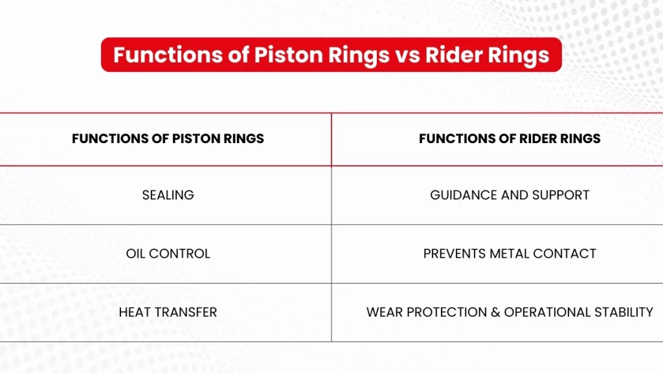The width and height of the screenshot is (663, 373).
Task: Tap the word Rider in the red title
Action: tap(454, 55)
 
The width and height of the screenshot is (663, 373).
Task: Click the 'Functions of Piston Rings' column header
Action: tap(168, 139)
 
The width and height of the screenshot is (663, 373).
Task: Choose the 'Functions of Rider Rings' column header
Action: tap(510, 139)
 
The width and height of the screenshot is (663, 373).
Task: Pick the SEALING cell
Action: tap(168, 195)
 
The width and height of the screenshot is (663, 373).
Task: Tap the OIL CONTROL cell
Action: tap(168, 254)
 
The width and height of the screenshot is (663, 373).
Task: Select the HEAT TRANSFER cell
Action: tap(168, 312)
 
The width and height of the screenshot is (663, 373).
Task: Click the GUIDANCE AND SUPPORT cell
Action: tap(510, 195)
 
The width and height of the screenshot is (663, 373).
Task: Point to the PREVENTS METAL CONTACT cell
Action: tap(510, 254)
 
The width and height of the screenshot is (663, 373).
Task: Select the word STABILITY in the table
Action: tap(624, 312)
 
